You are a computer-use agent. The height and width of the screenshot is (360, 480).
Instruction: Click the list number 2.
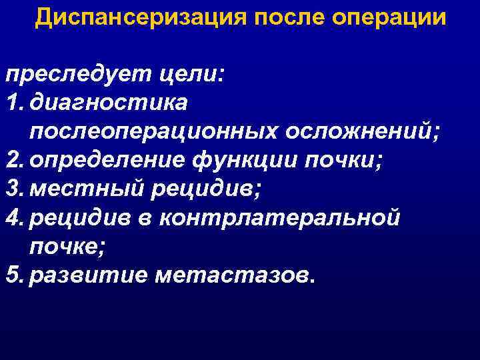[x=14, y=161]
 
